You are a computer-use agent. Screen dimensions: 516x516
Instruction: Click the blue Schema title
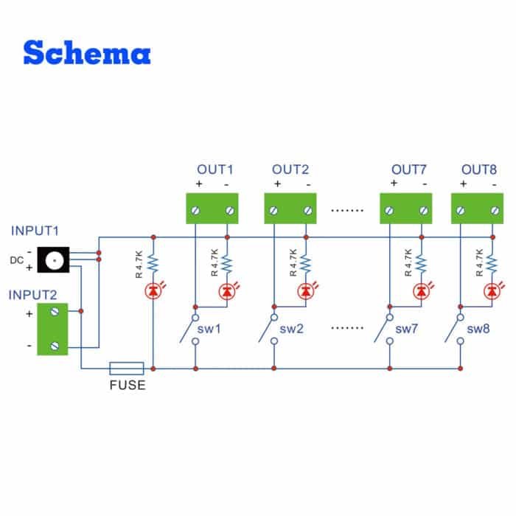click(x=87, y=52)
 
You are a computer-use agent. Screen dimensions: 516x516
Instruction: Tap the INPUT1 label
click(x=35, y=231)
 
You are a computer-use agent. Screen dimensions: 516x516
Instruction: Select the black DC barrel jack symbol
click(x=53, y=260)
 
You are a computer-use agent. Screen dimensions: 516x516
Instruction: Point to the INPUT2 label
click(x=33, y=295)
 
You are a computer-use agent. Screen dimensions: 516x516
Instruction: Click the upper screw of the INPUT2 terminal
click(x=54, y=313)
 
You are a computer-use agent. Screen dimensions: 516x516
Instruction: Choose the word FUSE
click(x=128, y=386)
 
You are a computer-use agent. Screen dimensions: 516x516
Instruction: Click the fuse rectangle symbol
click(x=127, y=367)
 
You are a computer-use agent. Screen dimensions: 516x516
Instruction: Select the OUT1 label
click(x=215, y=170)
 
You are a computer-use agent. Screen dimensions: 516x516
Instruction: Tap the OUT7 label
click(x=408, y=170)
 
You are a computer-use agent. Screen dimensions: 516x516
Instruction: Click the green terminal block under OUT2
click(x=290, y=209)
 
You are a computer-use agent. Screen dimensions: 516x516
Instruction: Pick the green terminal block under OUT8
click(x=476, y=209)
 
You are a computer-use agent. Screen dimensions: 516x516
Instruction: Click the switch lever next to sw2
click(x=267, y=330)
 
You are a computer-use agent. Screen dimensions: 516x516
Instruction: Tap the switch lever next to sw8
click(x=454, y=330)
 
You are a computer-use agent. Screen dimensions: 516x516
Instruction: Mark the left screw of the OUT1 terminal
click(x=195, y=212)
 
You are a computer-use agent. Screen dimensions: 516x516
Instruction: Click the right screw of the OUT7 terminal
click(x=423, y=212)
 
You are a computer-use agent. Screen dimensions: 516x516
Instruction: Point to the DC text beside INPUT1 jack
click(x=16, y=260)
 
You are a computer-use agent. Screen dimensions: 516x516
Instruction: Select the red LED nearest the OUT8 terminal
click(x=490, y=292)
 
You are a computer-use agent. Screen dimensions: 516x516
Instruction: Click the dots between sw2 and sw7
click(x=349, y=325)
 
